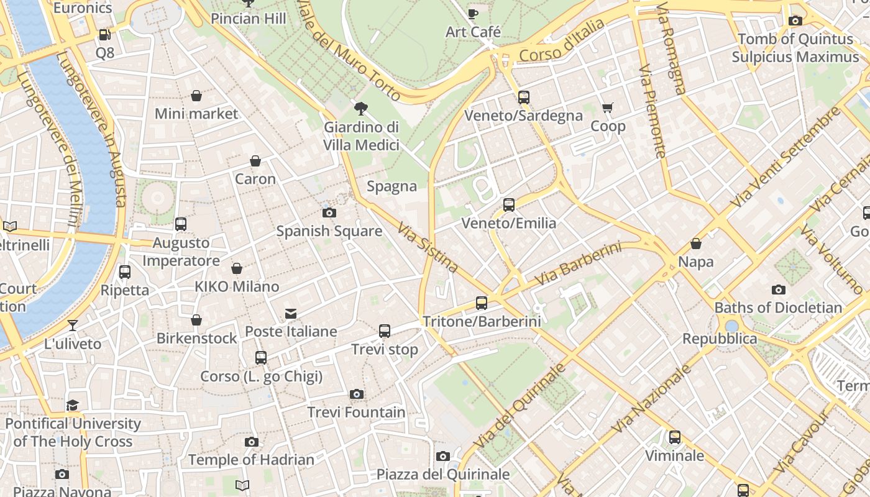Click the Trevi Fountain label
pos(356,413)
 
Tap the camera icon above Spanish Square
pos(329,212)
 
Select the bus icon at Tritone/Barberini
pos(482,303)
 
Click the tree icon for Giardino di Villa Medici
pos(360,109)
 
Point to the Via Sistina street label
pos(428,247)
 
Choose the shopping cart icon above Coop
pos(608,108)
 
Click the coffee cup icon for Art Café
pos(473,14)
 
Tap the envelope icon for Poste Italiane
pos(291,314)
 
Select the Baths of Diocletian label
pos(778,308)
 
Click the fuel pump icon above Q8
pos(105,35)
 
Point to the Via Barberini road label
pos(577,265)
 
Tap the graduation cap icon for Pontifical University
pos(73,406)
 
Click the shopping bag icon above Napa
pos(696,244)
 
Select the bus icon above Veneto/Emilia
pos(509,205)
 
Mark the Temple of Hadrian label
pos(251,460)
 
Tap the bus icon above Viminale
pos(675,437)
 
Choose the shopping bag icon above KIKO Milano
pos(237,268)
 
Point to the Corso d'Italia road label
pos(561,41)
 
